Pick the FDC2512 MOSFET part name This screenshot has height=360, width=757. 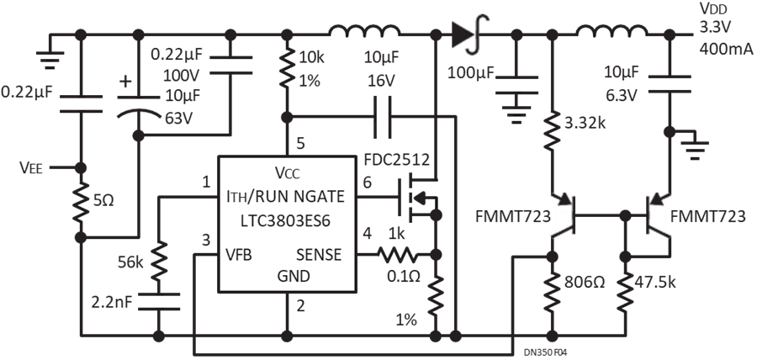click(x=397, y=159)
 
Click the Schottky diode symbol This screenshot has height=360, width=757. click(x=469, y=34)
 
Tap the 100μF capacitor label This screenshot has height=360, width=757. click(x=471, y=73)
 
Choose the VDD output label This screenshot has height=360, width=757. click(x=712, y=8)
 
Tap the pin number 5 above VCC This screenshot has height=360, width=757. click(x=300, y=144)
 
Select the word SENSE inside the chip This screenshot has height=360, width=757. click(x=319, y=254)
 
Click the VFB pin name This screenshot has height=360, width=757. click(x=238, y=254)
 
